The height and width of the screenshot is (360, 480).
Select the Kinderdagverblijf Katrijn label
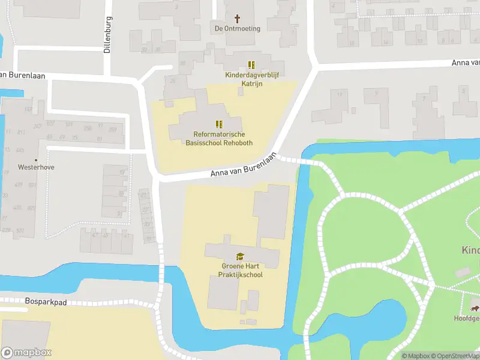pos(252,79)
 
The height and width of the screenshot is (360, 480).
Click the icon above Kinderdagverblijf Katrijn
pos(252,65)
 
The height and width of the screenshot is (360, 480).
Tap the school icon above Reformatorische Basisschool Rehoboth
pos(219,125)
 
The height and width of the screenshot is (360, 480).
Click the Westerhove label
pos(36,167)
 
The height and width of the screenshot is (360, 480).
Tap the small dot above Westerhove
pos(36,160)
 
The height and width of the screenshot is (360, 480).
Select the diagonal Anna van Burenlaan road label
pos(243,166)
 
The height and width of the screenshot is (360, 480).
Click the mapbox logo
pos(26,353)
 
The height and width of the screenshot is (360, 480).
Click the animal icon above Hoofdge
pos(474,308)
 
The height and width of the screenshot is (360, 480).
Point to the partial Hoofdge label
pos(466,319)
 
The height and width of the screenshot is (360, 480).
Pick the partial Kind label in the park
pos(470,250)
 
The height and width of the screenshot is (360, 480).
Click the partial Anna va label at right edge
pos(466,62)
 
